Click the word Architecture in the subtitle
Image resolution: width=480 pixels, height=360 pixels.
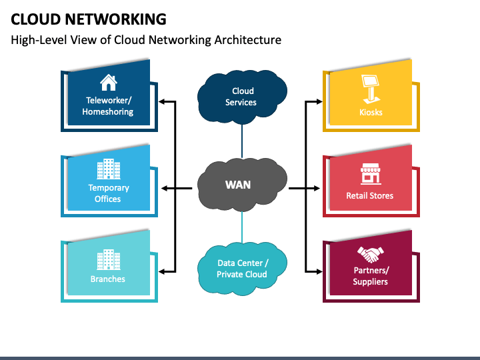coord(248,40)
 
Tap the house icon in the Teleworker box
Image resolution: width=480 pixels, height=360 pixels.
coord(108,82)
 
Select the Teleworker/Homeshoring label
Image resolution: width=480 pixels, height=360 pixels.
coord(108,106)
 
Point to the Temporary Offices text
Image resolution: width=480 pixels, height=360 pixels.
coord(108,193)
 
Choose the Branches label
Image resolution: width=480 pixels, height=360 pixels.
coord(108,279)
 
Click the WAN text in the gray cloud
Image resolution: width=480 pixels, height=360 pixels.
coord(238,184)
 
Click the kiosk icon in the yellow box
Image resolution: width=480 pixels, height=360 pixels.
coord(370,85)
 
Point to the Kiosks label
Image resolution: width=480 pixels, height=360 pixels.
coord(370,112)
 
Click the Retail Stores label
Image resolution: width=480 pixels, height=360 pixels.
coord(370,196)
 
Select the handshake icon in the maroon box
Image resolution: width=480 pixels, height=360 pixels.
coord(370,254)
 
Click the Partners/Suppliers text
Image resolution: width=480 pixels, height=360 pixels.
coord(370,276)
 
